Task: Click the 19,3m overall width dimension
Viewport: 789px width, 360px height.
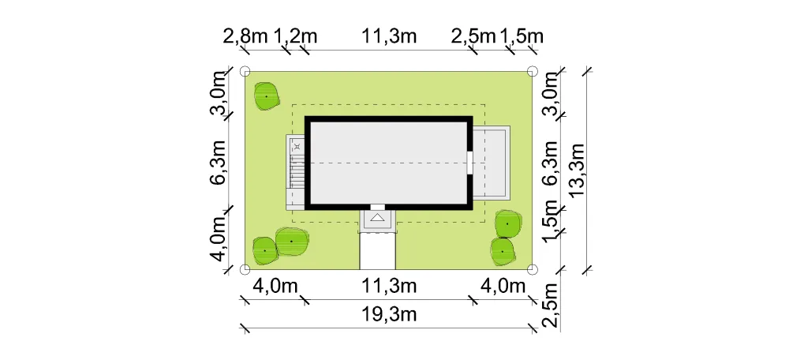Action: [389, 315]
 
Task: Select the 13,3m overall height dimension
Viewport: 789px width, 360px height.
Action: [578, 171]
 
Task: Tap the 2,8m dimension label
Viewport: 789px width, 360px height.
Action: [245, 36]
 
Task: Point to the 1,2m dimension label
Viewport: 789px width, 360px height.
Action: [295, 36]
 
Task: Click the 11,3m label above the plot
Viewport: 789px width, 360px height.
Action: [389, 36]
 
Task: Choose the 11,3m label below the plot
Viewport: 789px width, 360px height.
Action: [389, 286]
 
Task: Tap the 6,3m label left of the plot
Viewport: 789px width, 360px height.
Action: [218, 162]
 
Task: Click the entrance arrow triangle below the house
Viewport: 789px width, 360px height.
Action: [378, 218]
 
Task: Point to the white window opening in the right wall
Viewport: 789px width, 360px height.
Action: [469, 163]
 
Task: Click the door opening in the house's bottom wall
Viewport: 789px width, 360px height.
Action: [378, 207]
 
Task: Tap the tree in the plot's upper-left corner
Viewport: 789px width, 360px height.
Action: [266, 96]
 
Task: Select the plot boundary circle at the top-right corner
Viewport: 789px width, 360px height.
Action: [533, 71]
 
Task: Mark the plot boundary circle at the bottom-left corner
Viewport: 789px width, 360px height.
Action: [245, 270]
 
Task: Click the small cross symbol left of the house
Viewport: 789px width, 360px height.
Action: [297, 147]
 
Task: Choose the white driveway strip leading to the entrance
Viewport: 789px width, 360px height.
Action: [377, 251]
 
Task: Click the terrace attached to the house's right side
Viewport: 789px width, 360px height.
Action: [491, 162]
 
